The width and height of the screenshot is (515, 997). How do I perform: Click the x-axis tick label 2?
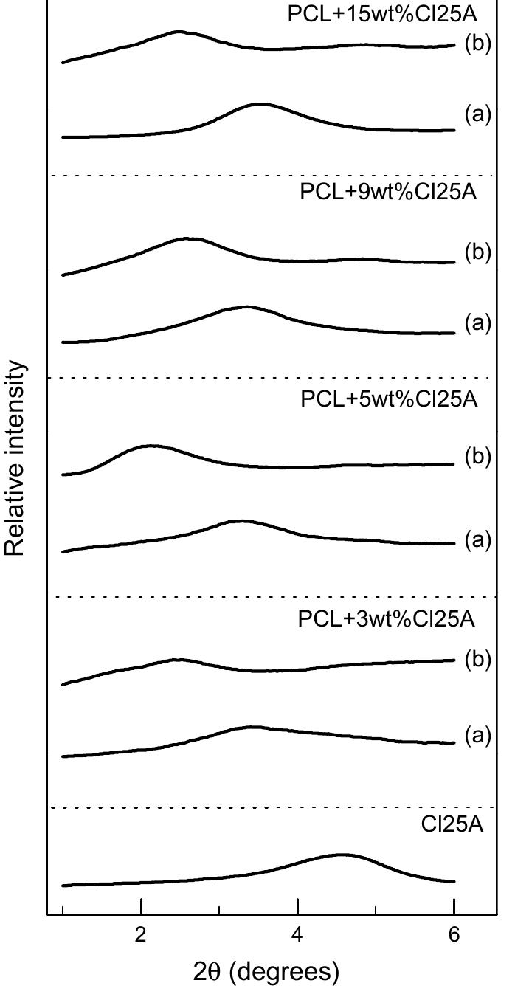(140, 934)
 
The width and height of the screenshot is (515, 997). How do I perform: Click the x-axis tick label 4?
(297, 934)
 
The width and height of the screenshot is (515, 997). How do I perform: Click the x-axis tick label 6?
(454, 934)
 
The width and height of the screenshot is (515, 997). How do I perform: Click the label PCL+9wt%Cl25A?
(388, 193)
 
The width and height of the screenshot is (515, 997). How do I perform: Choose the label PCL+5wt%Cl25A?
(389, 400)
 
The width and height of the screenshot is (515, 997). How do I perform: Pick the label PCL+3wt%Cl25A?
(386, 619)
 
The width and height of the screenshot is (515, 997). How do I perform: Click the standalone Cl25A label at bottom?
(452, 824)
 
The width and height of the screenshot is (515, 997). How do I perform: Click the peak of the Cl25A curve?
(342, 855)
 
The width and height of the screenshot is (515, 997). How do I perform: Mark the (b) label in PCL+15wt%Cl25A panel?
(477, 44)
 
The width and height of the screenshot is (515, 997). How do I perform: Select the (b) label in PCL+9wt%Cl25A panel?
(477, 252)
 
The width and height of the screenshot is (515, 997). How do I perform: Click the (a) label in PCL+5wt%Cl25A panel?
(477, 540)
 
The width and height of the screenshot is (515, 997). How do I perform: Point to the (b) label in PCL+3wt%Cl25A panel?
(477, 660)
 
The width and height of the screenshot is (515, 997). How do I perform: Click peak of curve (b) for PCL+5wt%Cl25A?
(151, 446)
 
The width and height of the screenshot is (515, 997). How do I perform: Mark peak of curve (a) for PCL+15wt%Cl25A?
(260, 104)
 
